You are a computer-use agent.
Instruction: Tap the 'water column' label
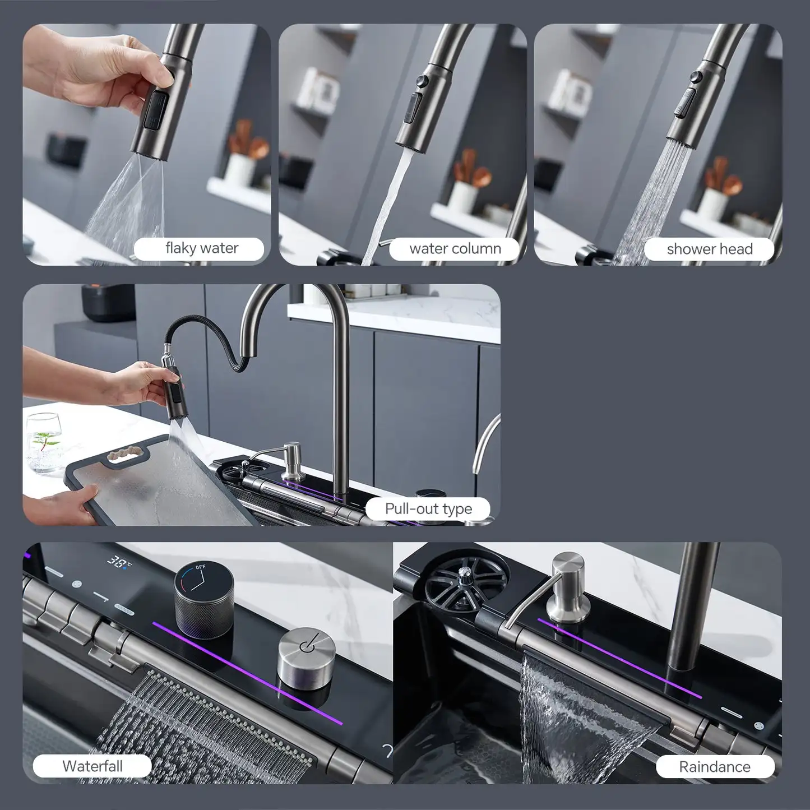click(x=455, y=249)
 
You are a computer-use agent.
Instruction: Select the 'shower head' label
click(x=709, y=249)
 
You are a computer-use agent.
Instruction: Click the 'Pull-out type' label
click(x=428, y=509)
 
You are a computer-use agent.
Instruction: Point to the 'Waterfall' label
click(x=92, y=766)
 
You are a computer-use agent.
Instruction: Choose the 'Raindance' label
click(x=714, y=767)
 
